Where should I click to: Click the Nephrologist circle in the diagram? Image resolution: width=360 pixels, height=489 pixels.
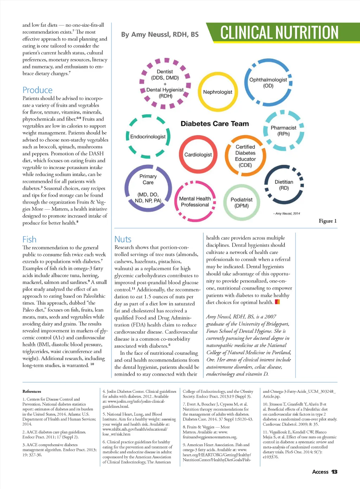[x=218, y=92]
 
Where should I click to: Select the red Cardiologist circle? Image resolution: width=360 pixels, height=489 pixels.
[x=198, y=155]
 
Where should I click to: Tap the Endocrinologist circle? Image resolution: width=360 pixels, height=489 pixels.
[x=148, y=136]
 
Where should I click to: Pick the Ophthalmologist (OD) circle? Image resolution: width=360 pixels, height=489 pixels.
[x=268, y=83]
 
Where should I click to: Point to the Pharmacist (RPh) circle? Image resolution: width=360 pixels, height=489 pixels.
[x=283, y=131]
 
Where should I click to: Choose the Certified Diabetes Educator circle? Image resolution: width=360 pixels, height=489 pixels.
[x=245, y=156]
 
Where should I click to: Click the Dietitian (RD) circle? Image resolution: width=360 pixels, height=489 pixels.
[x=284, y=185]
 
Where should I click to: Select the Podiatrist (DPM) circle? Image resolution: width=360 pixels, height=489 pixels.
[x=242, y=202]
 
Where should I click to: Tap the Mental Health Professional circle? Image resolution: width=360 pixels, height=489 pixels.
[x=195, y=202]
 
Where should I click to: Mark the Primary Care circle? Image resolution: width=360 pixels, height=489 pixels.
[x=148, y=188]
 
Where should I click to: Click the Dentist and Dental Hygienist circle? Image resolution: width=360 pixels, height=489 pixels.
[x=165, y=84]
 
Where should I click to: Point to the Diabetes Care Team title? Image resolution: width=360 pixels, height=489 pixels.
[x=214, y=124]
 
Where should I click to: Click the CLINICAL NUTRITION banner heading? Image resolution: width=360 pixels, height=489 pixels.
[x=279, y=33]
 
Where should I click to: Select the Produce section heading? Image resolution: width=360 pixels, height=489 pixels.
[x=37, y=90]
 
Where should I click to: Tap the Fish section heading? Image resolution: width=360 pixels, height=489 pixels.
[x=29, y=239]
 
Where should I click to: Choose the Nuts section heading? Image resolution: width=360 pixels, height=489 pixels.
[x=123, y=239]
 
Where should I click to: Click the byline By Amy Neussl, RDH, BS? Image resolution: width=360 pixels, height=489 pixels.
[x=160, y=34]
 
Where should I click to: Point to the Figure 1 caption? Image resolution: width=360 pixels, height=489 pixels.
[x=328, y=221]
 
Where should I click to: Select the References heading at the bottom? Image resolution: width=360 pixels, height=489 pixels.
[x=32, y=391]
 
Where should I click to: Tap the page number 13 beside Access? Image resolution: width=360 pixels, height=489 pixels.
[x=334, y=472]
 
